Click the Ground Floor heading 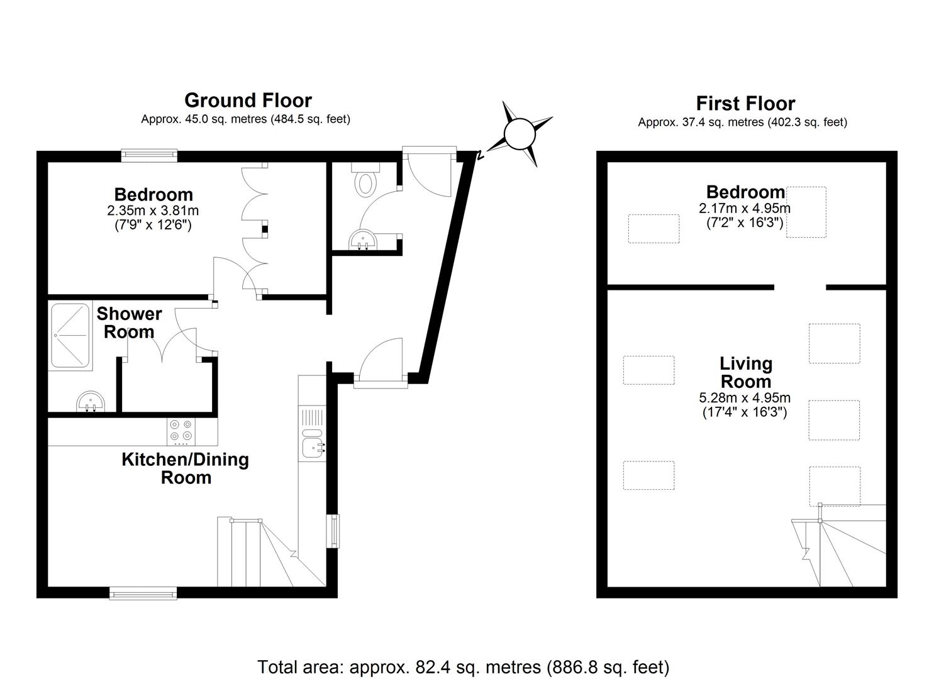click(248, 101)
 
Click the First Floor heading click(745, 103)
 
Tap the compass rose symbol click(519, 134)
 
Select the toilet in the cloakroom click(365, 180)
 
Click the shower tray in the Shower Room click(70, 336)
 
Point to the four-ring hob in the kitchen click(181, 431)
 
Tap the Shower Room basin click(91, 401)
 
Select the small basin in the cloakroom click(362, 240)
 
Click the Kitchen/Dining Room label click(186, 468)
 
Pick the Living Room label click(746, 372)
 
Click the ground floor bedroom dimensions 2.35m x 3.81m click(153, 210)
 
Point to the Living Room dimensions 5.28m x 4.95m click(745, 397)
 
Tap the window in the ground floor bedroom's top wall click(149, 156)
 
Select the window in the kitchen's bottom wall click(143, 593)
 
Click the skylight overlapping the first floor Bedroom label click(806, 212)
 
